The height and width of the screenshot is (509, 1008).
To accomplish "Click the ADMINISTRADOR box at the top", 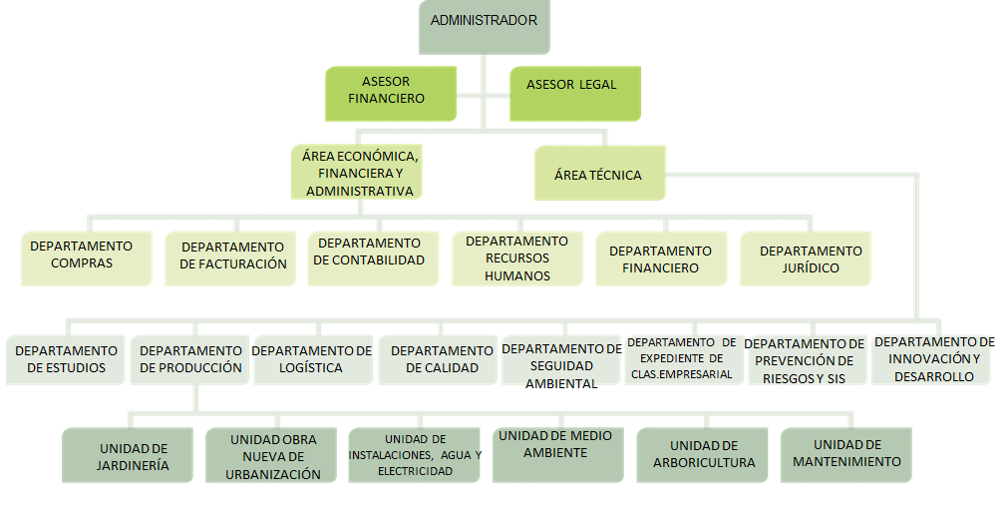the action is (x=485, y=27).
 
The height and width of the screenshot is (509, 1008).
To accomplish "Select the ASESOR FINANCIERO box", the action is (x=391, y=93).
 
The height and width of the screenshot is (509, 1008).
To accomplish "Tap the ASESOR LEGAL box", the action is (x=575, y=93).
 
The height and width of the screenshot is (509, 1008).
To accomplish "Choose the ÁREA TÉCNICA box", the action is (x=600, y=173).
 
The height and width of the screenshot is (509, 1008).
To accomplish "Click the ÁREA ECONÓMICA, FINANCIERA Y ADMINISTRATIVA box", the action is (x=357, y=172).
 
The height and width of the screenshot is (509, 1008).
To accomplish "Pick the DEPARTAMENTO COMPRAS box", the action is (x=87, y=258).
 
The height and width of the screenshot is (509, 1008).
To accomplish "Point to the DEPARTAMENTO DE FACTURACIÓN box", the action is (x=230, y=258).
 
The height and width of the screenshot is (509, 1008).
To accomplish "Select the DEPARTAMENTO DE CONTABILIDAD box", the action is (x=374, y=258).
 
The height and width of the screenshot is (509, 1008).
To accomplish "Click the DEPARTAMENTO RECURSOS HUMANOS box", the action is (x=517, y=258).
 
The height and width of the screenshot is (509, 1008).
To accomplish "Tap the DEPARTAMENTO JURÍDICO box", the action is (x=806, y=258).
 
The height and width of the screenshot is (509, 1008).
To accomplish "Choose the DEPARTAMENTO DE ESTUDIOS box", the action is (x=66, y=360).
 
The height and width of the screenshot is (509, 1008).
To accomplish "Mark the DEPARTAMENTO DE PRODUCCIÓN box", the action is (x=189, y=360).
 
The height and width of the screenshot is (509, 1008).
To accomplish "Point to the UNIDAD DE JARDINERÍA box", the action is (x=128, y=455).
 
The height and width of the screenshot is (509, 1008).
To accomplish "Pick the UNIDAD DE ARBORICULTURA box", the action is (x=703, y=455).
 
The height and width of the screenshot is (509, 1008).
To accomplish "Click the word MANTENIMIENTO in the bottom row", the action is (x=846, y=462).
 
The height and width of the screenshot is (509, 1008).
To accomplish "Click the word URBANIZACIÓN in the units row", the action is (x=273, y=474).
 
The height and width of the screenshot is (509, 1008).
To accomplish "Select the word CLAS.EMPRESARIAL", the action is (x=681, y=374).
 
